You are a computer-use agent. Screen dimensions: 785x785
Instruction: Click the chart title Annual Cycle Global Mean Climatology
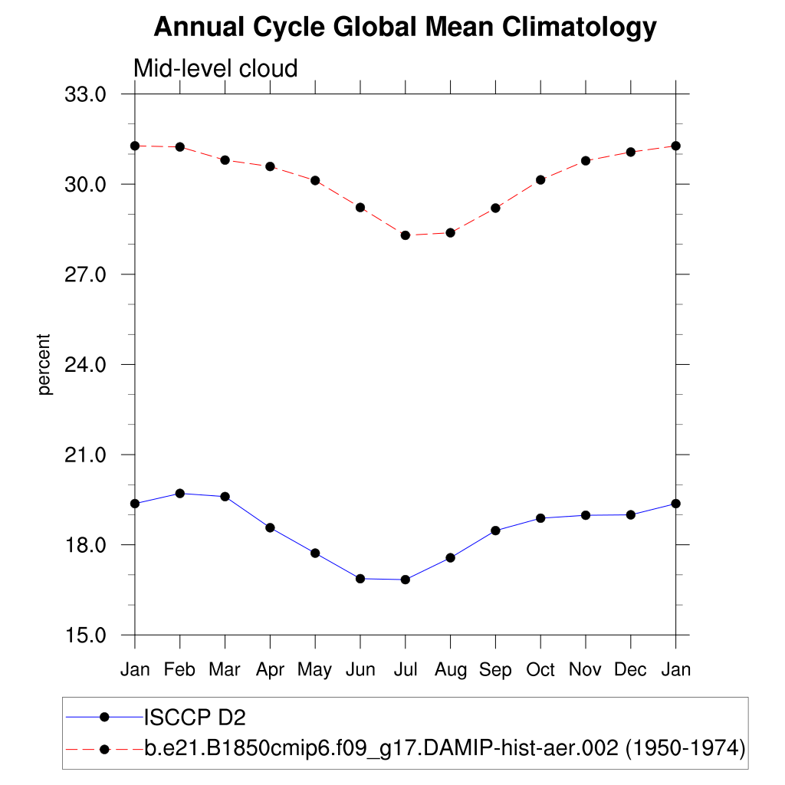tap(405, 28)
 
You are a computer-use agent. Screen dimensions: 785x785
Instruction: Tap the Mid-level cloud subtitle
tap(215, 68)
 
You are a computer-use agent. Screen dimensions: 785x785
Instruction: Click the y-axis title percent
tap(45, 364)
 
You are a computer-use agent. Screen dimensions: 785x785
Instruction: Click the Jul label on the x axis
tap(405, 670)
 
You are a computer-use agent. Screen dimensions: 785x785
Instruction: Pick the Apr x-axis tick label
tap(270, 670)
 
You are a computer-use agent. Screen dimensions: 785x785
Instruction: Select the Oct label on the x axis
tap(540, 670)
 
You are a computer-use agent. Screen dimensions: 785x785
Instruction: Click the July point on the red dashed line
tap(406, 235)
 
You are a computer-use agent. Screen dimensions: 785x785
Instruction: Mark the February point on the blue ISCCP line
tap(180, 494)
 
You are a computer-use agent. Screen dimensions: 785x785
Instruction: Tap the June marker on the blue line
tap(360, 579)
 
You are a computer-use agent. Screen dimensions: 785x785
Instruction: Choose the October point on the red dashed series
tap(540, 180)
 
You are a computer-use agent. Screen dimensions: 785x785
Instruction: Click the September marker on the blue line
tap(495, 530)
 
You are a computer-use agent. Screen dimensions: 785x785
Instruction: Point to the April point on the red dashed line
tap(270, 166)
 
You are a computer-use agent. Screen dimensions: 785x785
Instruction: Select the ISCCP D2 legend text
tap(195, 718)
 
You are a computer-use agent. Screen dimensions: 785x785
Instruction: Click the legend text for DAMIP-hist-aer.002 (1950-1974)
tap(445, 747)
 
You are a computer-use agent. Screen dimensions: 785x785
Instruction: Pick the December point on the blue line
tap(631, 515)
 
